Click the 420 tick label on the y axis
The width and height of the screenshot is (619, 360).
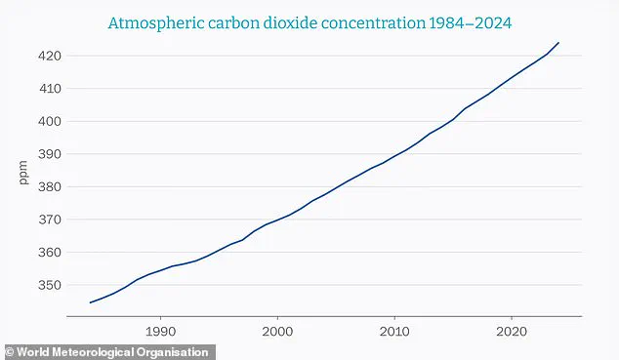50,57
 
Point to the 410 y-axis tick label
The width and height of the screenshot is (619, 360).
50,89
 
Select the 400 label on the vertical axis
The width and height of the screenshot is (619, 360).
50,122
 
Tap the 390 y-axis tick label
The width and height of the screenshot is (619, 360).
50,154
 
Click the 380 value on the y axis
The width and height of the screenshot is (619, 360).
50,187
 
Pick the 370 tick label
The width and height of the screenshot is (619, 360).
50,220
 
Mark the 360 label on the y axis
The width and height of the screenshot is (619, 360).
50,253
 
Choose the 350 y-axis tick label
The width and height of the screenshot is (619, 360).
50,285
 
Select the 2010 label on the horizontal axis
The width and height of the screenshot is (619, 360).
394,331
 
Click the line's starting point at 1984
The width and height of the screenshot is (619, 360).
90,302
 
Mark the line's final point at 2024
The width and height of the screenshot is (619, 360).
558,43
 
